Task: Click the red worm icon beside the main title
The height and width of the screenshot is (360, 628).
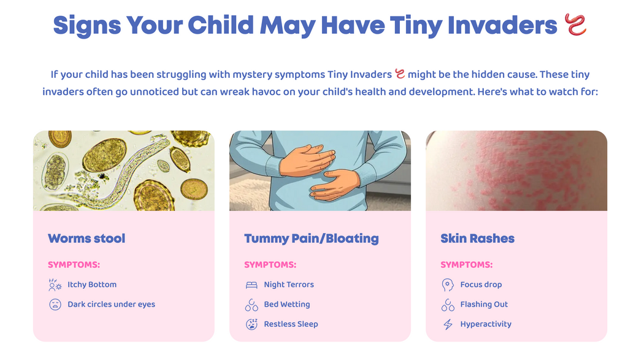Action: (x=575, y=24)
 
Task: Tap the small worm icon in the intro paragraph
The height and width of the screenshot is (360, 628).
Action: (x=400, y=74)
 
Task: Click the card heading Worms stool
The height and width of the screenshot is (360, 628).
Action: (x=86, y=239)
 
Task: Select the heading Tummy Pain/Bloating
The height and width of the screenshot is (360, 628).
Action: (x=311, y=239)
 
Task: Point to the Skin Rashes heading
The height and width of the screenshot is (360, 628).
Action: (x=477, y=239)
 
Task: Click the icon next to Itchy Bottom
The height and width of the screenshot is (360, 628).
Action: (x=55, y=285)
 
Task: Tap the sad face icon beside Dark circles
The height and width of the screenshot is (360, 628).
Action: (x=55, y=304)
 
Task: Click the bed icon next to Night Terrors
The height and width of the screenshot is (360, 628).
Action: (x=251, y=285)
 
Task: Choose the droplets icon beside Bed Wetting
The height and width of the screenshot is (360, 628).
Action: (x=251, y=305)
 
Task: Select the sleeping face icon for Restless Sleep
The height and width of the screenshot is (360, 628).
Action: (x=251, y=324)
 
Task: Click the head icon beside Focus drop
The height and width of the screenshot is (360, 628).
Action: (x=448, y=285)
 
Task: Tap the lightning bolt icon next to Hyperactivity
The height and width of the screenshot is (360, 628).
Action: (x=448, y=324)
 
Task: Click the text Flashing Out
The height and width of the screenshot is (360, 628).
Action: (x=484, y=304)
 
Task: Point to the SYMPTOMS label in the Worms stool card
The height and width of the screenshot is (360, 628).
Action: (x=74, y=265)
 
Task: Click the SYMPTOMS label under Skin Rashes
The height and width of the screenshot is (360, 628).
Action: (x=467, y=265)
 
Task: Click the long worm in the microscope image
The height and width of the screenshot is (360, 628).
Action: (x=120, y=176)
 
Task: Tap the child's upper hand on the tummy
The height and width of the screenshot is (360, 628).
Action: (x=308, y=160)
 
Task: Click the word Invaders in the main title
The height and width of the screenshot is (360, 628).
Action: (x=502, y=25)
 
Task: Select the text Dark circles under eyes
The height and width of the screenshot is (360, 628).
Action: (x=112, y=304)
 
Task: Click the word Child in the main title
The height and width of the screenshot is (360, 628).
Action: (x=221, y=25)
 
